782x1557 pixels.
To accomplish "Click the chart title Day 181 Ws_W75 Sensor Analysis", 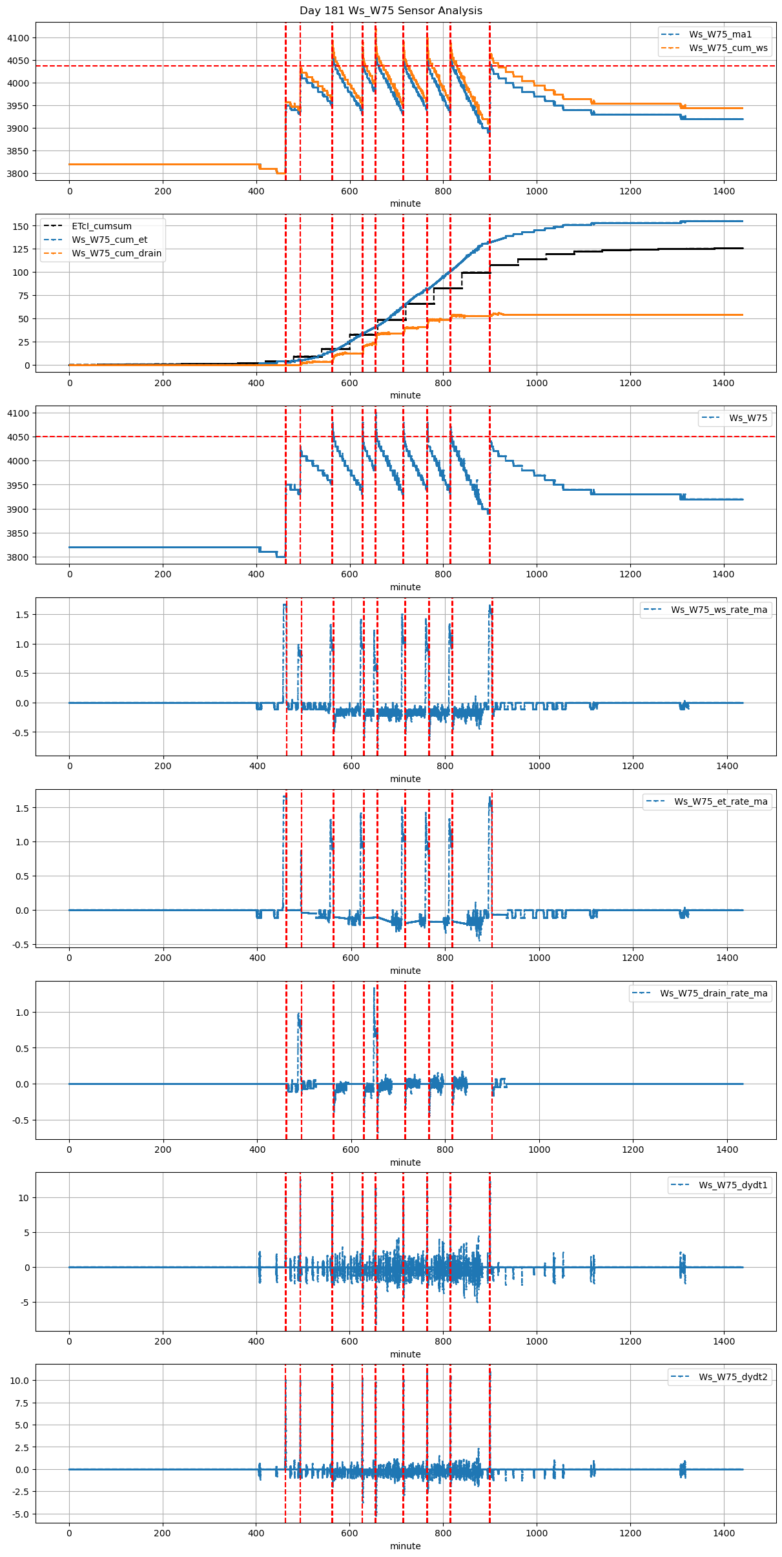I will point(391,11).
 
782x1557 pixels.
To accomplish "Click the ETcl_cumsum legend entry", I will point(101,226).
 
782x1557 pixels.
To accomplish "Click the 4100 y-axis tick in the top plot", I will point(18,38).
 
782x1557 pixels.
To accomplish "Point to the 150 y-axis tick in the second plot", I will point(21,226).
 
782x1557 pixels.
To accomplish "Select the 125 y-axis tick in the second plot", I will point(21,249).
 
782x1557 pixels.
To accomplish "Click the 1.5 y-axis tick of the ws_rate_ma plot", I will point(23,615).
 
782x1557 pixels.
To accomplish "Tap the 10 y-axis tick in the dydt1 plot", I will point(24,1198).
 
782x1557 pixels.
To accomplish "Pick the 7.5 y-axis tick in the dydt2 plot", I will point(22,1403).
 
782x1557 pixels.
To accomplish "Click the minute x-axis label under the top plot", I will point(405,203).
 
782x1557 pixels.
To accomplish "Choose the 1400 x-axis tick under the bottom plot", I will point(723,1533).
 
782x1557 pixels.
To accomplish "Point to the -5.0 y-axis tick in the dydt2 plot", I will point(20,1514).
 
